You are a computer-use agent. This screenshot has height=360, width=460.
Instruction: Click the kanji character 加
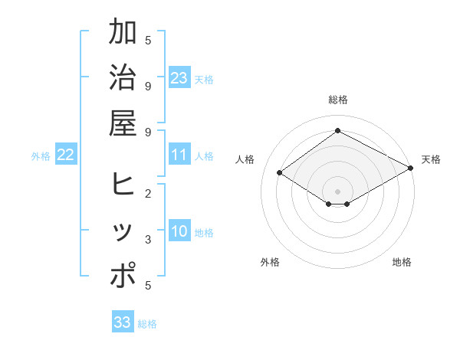pos(123,33)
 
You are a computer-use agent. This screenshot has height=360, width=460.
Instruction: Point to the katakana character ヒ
pos(123,185)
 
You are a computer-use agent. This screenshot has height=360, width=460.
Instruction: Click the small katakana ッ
pos(123,232)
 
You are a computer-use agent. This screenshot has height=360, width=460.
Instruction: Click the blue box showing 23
pos(179,77)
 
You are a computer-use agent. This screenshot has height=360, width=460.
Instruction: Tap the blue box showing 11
pos(179,155)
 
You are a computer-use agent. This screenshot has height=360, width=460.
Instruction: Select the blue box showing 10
pos(179,232)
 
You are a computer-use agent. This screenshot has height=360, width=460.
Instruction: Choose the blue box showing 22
pos(65,155)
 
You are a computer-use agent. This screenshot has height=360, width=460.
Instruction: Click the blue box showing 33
pos(122,322)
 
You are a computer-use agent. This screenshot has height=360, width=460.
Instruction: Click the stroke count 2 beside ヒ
pos(147,194)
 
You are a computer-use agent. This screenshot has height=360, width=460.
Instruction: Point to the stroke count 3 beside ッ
pos(147,240)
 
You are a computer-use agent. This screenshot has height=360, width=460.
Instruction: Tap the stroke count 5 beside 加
pos(147,40)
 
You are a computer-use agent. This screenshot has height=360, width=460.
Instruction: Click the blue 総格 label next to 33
pos(147,324)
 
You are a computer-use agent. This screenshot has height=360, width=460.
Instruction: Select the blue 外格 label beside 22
pos(41,156)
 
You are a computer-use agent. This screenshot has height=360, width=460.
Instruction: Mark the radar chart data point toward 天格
pos(410,169)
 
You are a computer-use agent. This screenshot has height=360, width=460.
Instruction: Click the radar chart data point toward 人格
pos(280,173)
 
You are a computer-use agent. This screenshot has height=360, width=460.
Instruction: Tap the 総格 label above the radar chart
pos(337,100)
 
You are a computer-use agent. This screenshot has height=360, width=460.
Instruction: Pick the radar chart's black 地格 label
pos(402,262)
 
